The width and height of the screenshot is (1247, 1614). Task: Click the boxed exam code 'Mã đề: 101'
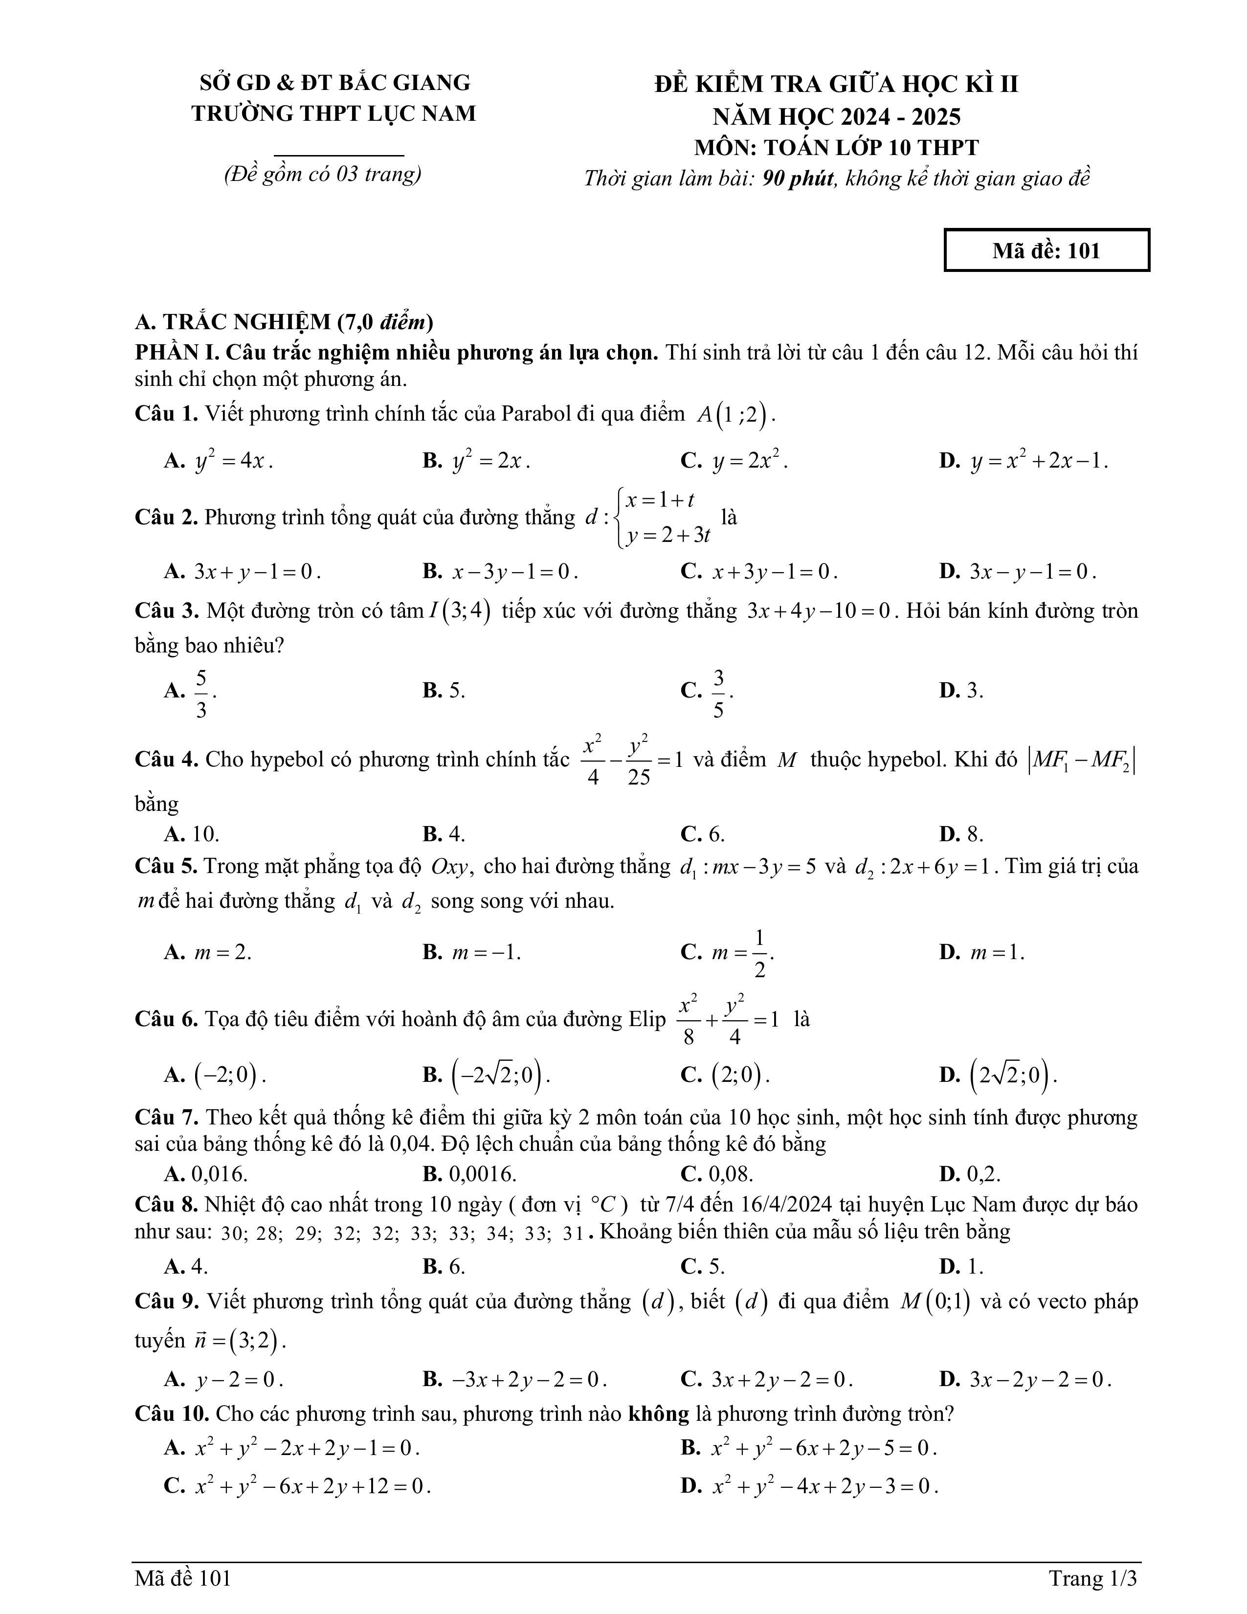(1046, 250)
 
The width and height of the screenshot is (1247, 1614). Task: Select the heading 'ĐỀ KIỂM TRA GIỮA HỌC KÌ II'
(836, 84)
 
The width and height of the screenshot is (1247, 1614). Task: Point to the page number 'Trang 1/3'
(1092, 1578)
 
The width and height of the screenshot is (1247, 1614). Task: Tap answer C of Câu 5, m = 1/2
(742, 953)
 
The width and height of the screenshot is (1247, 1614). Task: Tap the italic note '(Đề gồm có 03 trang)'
(323, 175)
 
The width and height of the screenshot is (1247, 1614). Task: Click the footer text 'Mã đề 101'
(183, 1578)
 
